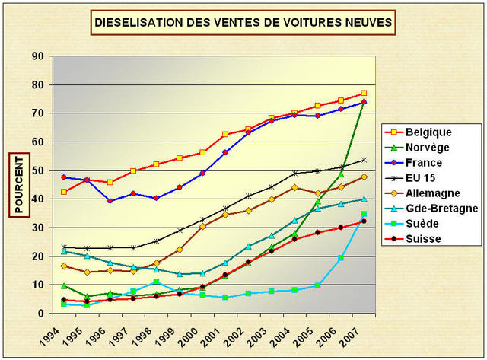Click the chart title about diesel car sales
point(243,23)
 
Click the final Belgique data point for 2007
point(364,94)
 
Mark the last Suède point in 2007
point(364,214)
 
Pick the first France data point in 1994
point(64,177)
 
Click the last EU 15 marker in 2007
point(364,160)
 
